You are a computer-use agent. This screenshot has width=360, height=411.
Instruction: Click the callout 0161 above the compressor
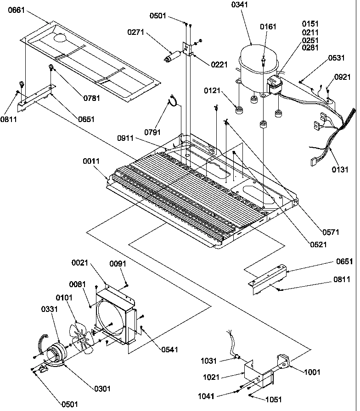pos(269,27)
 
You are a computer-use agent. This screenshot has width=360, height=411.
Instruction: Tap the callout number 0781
pos(92,98)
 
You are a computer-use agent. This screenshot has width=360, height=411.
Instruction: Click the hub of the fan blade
pos(82,339)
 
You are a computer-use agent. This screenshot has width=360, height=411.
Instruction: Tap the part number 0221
pos(219,65)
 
